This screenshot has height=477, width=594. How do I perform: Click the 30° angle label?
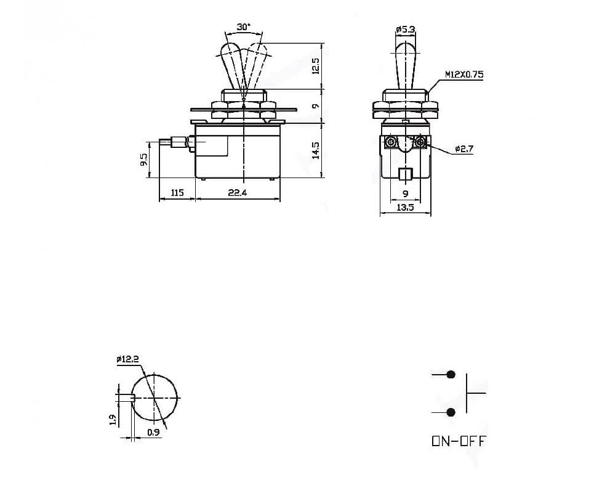pos(244,27)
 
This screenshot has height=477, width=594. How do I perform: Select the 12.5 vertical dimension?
pos(315,66)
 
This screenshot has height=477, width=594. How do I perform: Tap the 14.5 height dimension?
pos(315,150)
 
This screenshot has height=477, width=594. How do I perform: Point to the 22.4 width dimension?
pos(238,193)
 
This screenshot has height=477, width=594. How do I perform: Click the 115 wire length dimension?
pos(177,193)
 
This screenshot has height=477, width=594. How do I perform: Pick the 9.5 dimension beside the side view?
pos(143,160)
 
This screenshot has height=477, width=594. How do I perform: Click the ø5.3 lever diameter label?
pos(405,29)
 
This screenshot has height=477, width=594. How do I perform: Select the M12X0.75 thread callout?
pos(464,75)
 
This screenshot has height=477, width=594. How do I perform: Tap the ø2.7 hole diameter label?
pos(464,149)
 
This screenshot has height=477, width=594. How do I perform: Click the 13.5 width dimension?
pos(405,208)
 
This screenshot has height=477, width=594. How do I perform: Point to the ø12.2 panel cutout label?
pos(127,359)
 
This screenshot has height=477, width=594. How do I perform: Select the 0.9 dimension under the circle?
pos(153,433)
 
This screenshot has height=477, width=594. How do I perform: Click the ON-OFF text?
pos(459,441)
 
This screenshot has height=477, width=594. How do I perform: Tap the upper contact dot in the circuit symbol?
pos(451,374)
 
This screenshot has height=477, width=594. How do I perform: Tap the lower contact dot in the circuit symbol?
pos(451,412)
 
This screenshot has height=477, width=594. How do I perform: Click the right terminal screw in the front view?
pos(421,143)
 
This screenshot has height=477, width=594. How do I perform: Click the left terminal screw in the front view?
pos(390,143)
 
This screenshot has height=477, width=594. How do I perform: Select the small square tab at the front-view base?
pos(405,174)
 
